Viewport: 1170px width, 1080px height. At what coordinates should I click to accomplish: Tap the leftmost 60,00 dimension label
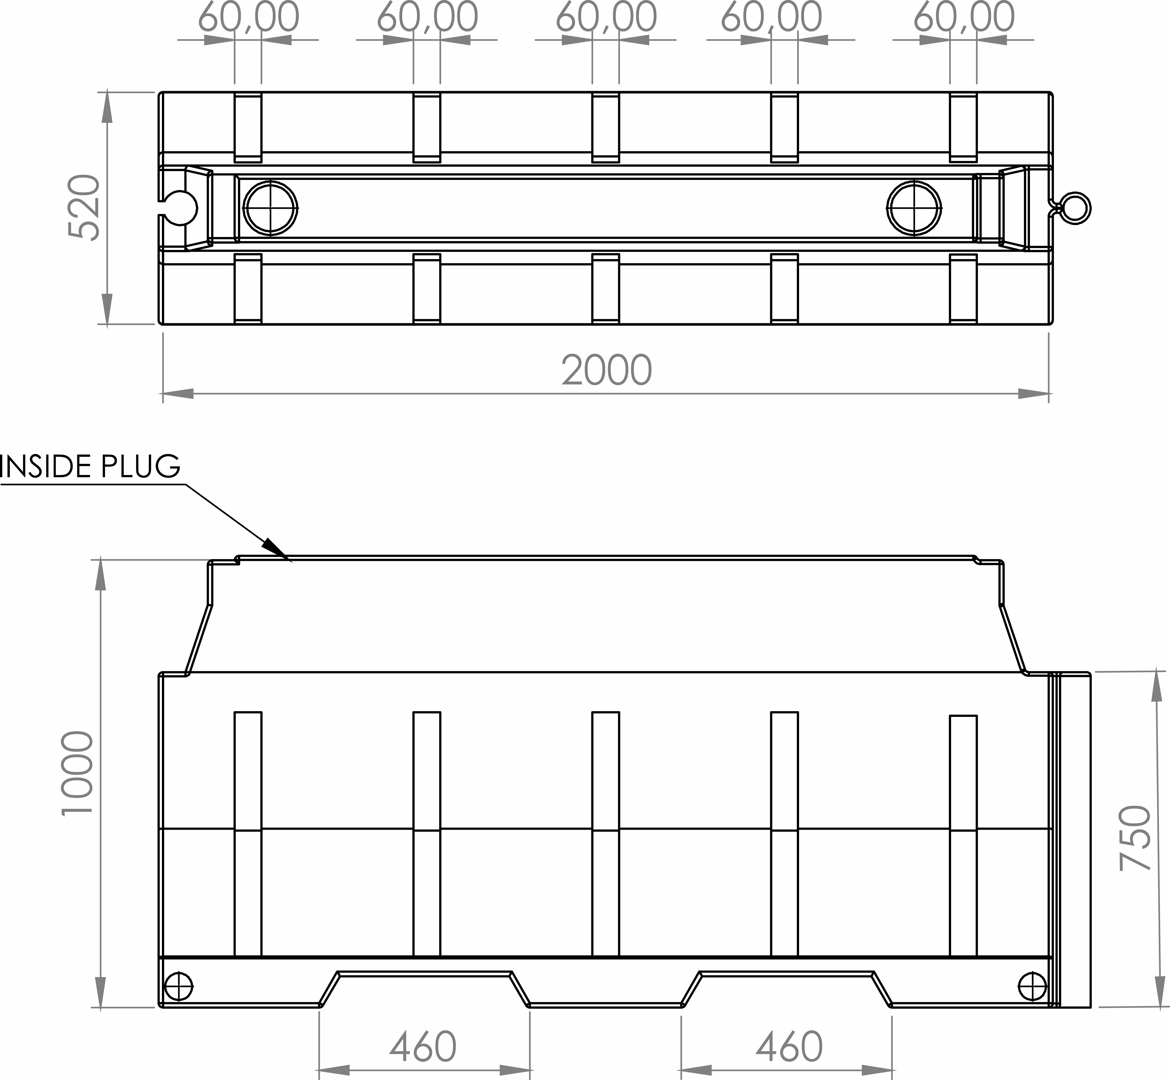pyautogui.click(x=248, y=18)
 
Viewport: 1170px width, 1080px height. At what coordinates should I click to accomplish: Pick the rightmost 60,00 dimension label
pyautogui.click(x=963, y=18)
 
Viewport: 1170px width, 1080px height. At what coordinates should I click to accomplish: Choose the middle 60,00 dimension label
pyautogui.click(x=605, y=18)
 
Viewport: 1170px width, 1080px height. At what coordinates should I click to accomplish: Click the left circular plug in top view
pyautogui.click(x=271, y=208)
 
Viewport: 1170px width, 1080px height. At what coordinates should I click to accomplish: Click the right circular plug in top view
pyautogui.click(x=914, y=208)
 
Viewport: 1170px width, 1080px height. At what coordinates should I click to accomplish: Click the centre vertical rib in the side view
pyautogui.click(x=605, y=833)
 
